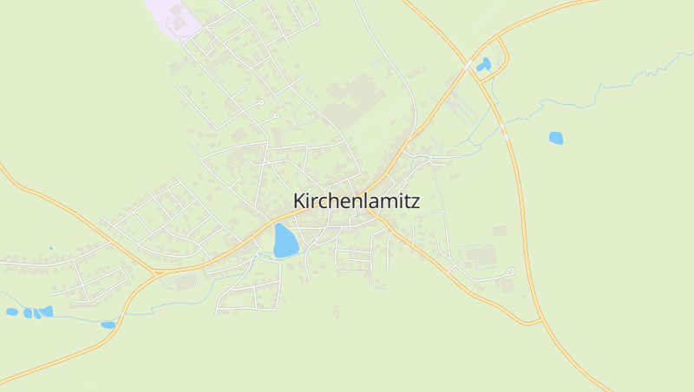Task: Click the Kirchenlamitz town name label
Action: tap(357, 201)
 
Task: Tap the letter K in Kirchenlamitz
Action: tap(299, 201)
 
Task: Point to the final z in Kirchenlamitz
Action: tap(416, 202)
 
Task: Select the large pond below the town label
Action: tap(285, 241)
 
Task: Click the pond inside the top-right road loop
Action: tap(483, 64)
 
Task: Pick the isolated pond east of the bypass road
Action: tap(555, 137)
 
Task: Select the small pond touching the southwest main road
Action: tap(108, 324)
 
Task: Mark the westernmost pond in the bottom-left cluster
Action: tap(11, 311)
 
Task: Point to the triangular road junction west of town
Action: tap(157, 272)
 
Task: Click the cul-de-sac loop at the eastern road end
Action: tap(509, 272)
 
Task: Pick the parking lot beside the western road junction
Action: tap(187, 281)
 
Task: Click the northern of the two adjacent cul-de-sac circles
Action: tap(260, 102)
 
